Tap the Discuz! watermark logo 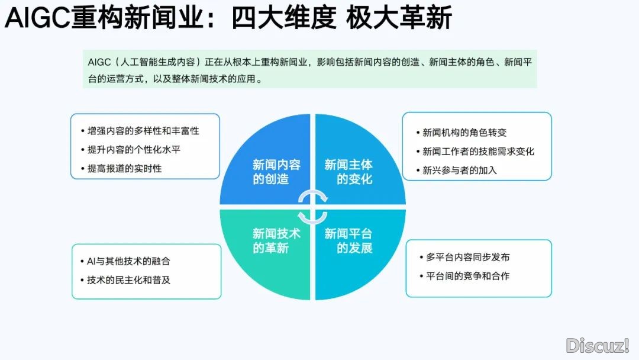598,346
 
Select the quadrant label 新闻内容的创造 276,172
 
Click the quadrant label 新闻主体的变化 348,172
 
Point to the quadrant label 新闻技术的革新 276,240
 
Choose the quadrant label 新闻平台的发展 348,240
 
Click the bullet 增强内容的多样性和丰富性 143,131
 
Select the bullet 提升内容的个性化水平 134,150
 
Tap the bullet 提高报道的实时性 124,168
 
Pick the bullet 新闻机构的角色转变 464,133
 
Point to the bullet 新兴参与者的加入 460,170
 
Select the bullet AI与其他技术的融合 128,261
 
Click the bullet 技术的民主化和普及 128,280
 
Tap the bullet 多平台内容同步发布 468,257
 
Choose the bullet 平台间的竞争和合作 468,276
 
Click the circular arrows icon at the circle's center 312,207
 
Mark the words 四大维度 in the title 284,18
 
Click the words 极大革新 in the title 399,18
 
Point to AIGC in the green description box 99,62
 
